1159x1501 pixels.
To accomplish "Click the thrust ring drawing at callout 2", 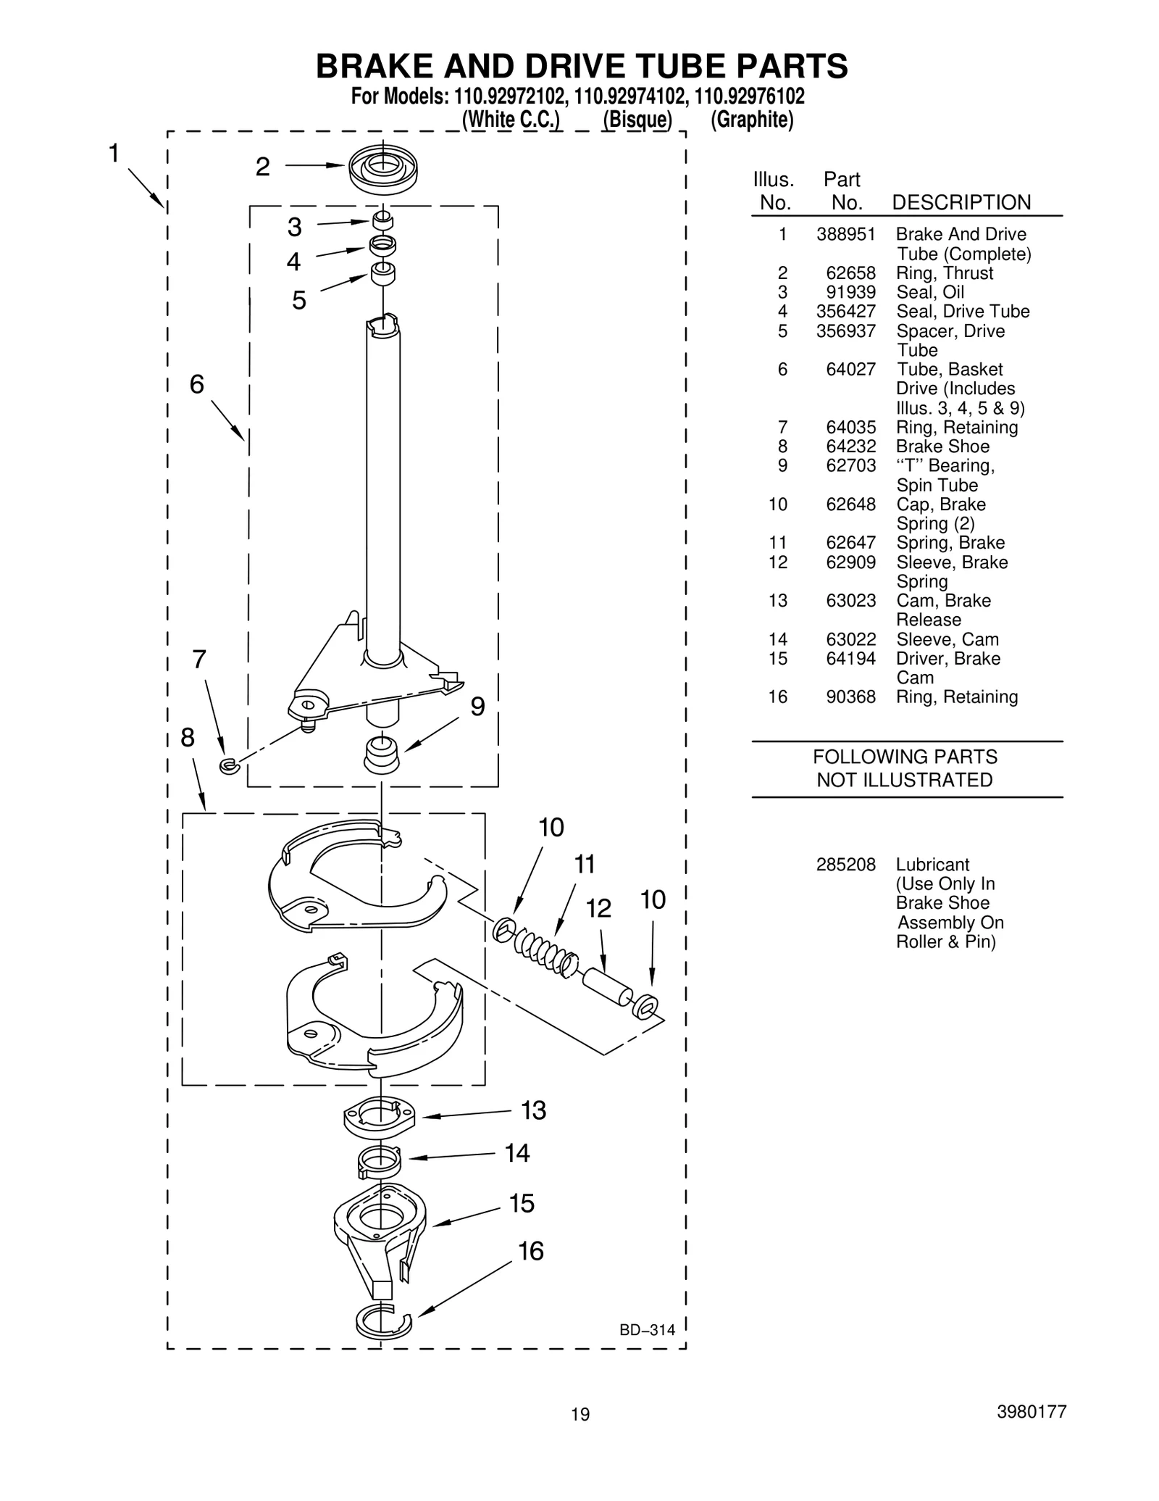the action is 382,169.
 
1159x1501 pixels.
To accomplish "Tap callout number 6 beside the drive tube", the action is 196,384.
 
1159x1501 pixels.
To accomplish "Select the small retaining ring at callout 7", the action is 228,765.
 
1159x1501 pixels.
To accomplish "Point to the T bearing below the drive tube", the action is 382,755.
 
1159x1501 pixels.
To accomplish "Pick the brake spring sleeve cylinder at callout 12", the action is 608,987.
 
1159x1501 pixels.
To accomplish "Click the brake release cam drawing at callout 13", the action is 379,1115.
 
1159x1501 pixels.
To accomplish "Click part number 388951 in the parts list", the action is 845,235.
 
